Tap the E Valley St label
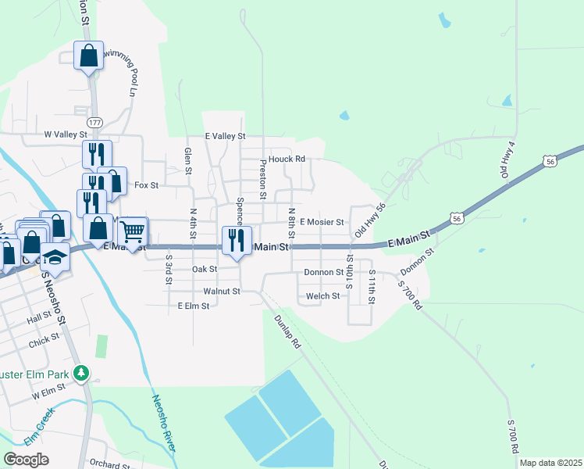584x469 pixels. click(x=225, y=136)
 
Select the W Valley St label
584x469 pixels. click(x=66, y=134)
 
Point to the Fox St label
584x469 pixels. click(x=147, y=185)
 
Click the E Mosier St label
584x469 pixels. click(x=322, y=223)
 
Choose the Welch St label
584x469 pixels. click(x=322, y=296)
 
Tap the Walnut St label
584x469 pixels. click(x=221, y=291)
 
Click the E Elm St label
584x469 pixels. click(x=194, y=306)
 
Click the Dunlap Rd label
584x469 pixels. click(x=287, y=331)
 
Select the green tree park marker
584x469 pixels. click(x=80, y=374)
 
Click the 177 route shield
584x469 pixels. click(x=94, y=124)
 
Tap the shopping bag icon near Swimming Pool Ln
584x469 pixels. click(x=88, y=55)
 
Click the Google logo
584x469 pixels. click(x=27, y=460)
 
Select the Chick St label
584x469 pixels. click(x=45, y=340)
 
